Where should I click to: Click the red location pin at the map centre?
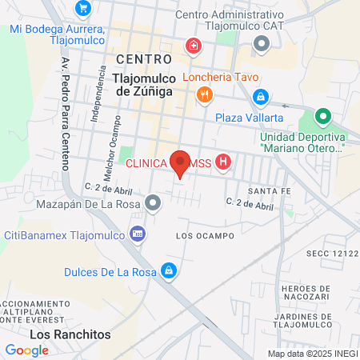tap(180, 164)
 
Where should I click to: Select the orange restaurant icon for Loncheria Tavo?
tap(204, 95)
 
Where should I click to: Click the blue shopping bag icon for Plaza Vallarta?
tap(259, 98)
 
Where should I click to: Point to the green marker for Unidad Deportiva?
tap(322, 116)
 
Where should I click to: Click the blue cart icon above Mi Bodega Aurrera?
tap(83, 9)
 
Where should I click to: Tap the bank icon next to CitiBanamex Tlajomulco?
tap(138, 233)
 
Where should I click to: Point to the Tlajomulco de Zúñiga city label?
tap(143, 85)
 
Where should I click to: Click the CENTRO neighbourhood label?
tap(143, 59)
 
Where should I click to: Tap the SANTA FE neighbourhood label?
tap(269, 192)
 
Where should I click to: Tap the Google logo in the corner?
tap(27, 350)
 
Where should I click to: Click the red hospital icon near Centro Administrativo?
tap(193, 46)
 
